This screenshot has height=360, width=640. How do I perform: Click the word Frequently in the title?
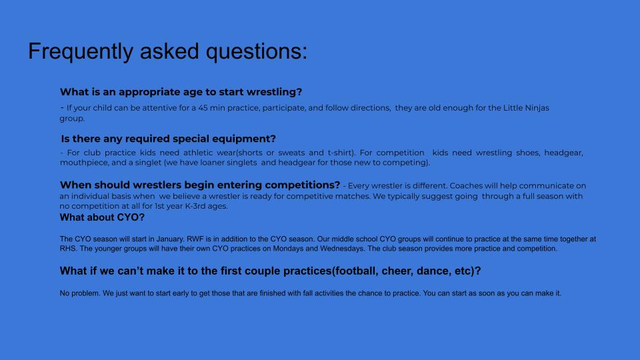tap(81, 52)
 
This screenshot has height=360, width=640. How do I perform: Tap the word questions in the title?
tap(257, 52)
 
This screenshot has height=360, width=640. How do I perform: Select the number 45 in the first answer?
tap(203, 108)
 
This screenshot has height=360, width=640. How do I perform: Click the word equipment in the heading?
tap(244, 139)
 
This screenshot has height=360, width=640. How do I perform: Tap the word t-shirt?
tap(341, 153)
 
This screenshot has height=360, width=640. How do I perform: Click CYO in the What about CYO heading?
tap(131, 217)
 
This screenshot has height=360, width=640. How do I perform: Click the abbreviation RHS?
tap(68, 249)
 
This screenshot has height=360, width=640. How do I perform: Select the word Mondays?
tap(288, 249)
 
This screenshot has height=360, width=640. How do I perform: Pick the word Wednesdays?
tap(342, 249)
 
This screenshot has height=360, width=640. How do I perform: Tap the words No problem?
tap(80, 293)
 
